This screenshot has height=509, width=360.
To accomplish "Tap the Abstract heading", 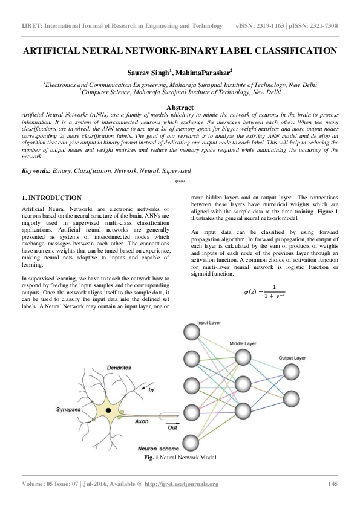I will pos(180,107).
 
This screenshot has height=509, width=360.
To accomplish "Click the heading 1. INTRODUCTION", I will pos(51,198).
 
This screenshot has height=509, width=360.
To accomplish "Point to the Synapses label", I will pos(68,409).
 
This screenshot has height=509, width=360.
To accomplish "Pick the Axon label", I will pos(142,421).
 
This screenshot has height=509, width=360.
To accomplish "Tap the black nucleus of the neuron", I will pos(108,410).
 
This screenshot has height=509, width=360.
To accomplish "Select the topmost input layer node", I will pos(191,333).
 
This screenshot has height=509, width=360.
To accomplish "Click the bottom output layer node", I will pos(292,398).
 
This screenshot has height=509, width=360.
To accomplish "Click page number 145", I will pos(332,484).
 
